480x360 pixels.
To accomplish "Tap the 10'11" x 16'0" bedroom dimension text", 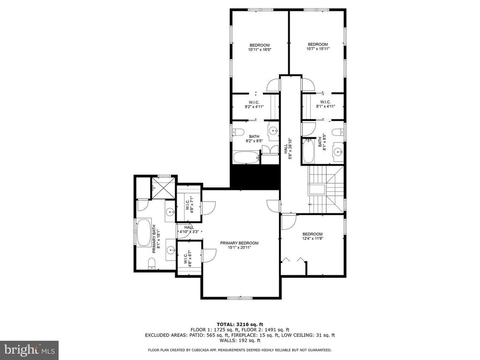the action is [260, 49].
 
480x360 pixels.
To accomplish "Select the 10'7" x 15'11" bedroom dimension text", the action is [318, 48].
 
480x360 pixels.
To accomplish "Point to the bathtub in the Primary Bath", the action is [143, 232].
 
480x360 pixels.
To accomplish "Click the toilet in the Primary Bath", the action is [151, 264].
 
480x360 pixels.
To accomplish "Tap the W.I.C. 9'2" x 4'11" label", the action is [254, 105].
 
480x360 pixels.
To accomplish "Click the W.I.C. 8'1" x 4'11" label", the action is [325, 104].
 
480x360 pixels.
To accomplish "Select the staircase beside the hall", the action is [326, 189].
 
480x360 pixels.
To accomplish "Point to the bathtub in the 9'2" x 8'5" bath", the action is [247, 157].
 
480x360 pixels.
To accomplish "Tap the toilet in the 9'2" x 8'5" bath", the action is [238, 132].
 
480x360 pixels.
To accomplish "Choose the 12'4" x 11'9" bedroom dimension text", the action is [313, 238].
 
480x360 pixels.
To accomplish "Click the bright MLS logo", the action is [30, 350].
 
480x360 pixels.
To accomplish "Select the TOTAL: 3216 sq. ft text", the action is [240, 324].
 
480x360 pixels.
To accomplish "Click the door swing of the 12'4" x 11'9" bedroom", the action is [289, 222].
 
